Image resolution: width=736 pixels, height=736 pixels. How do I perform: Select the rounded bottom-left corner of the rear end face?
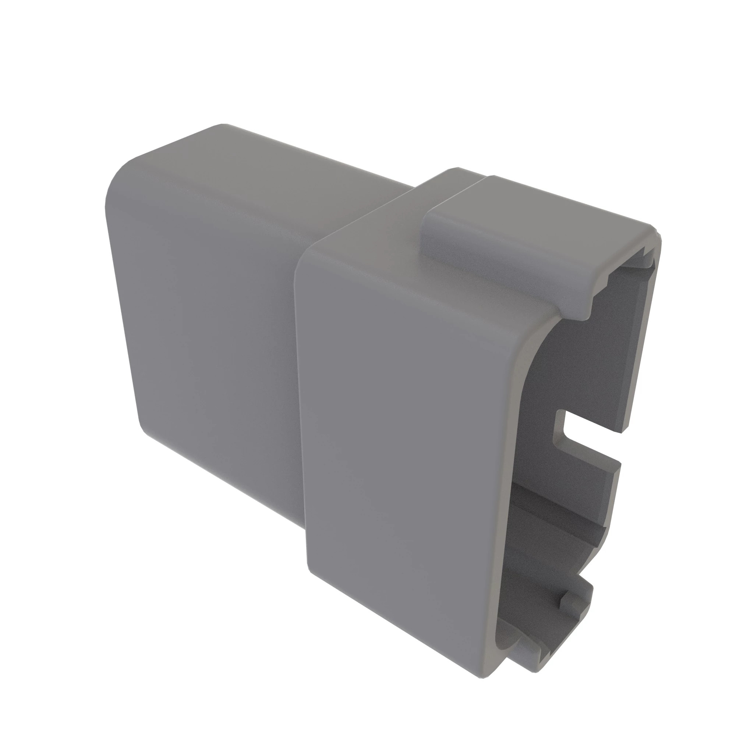[x=147, y=431]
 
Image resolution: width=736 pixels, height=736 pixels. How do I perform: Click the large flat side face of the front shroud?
[x=408, y=438]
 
